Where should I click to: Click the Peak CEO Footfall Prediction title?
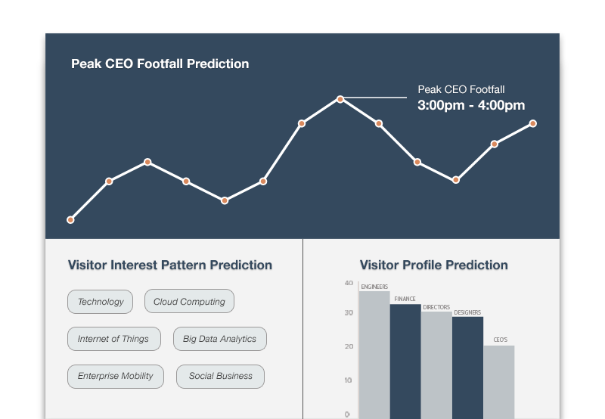pyautogui.click(x=160, y=64)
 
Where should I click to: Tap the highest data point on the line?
pyautogui.click(x=340, y=99)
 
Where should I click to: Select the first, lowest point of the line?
pyautogui.click(x=70, y=220)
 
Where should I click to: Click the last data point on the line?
pyautogui.click(x=533, y=123)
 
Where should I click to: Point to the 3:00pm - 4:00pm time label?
pyautogui.click(x=471, y=105)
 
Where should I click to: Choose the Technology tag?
pyautogui.click(x=101, y=302)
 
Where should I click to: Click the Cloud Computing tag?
pyautogui.click(x=190, y=301)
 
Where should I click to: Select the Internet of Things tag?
pyautogui.click(x=114, y=339)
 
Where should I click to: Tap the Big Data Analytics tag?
pyautogui.click(x=220, y=339)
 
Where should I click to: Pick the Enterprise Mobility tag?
pyautogui.click(x=116, y=376)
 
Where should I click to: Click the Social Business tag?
pyautogui.click(x=220, y=376)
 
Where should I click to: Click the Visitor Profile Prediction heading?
pyautogui.click(x=433, y=265)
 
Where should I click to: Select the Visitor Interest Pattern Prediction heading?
pyautogui.click(x=170, y=265)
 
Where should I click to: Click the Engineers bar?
pyautogui.click(x=374, y=355)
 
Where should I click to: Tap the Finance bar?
pyautogui.click(x=405, y=362)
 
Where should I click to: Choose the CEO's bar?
pyautogui.click(x=499, y=382)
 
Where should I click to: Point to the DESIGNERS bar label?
pyautogui.click(x=467, y=312)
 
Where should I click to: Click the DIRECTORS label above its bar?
pyautogui.click(x=436, y=307)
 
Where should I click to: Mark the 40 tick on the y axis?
pyautogui.click(x=349, y=283)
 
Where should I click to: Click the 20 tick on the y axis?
pyautogui.click(x=349, y=346)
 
